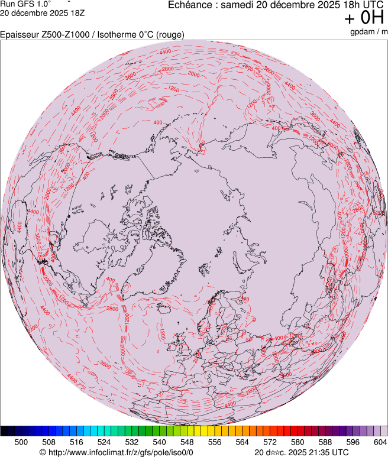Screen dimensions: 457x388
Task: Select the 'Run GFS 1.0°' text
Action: click(x=25, y=4)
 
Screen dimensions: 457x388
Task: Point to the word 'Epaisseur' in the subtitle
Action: click(x=19, y=35)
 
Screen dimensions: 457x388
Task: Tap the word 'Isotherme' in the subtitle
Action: click(x=117, y=35)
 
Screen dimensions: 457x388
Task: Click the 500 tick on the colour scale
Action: click(x=21, y=442)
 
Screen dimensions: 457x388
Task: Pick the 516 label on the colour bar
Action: click(x=77, y=442)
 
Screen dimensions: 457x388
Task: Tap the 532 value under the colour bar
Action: click(x=132, y=442)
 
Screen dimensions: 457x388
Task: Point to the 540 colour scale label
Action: click(x=160, y=442)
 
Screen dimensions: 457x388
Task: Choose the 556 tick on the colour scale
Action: click(x=215, y=442)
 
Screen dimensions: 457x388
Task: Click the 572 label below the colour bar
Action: click(x=270, y=442)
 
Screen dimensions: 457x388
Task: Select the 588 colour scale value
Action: click(x=325, y=442)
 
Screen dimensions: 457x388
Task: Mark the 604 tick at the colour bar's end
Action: click(x=380, y=442)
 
